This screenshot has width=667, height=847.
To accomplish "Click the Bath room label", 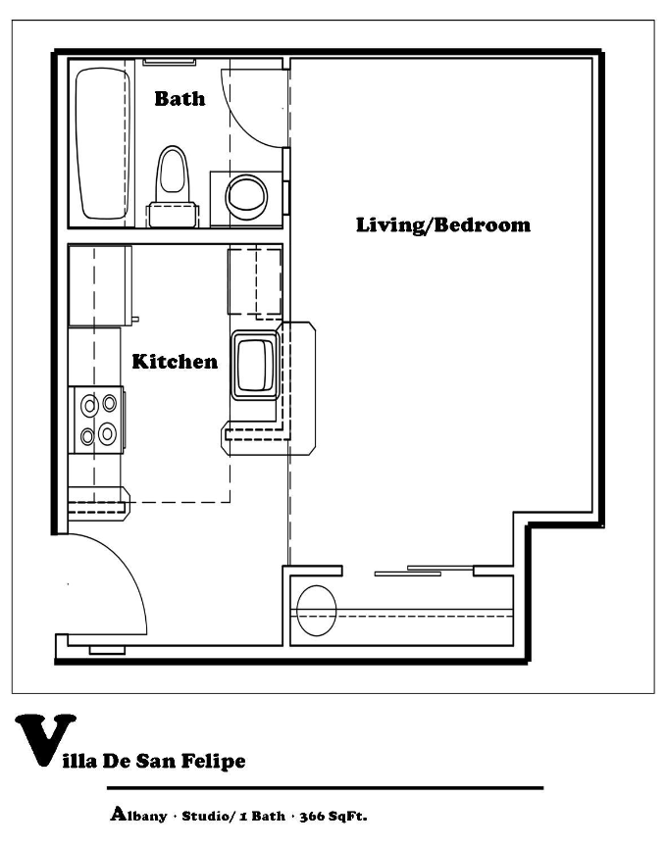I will [x=180, y=98].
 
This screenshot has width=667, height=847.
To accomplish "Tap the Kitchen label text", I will [x=175, y=362].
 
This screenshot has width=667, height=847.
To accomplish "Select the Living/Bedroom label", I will [x=442, y=224].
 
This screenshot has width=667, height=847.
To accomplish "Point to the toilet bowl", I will [x=174, y=173].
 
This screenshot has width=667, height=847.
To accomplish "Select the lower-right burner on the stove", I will [x=108, y=431].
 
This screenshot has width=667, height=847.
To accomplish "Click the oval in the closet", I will [x=317, y=609].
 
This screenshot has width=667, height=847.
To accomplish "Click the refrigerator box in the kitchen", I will [x=99, y=285].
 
